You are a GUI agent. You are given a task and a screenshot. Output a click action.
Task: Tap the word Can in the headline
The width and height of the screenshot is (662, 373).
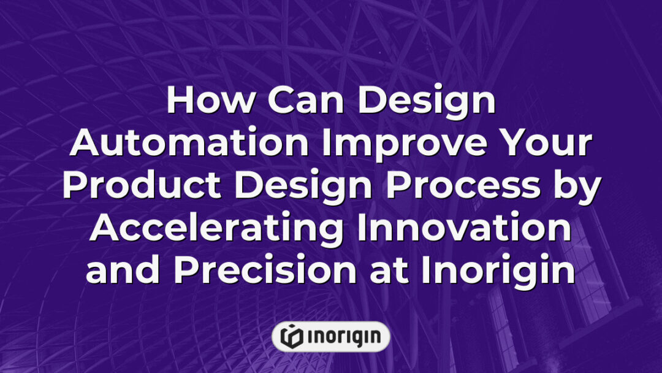[x=294, y=101]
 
